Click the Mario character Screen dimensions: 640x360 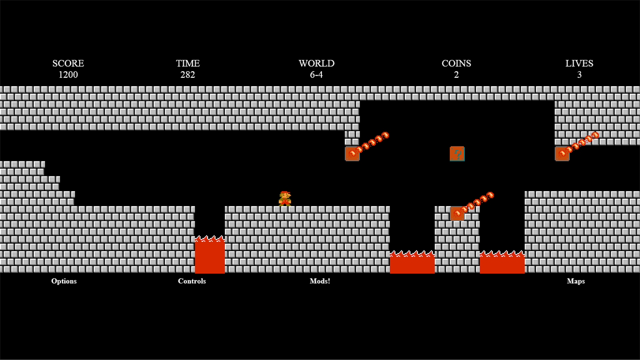coord(285,199)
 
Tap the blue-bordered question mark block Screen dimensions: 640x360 coord(457,154)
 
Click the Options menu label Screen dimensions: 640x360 coord(64,281)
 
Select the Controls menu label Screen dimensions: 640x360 coord(192,281)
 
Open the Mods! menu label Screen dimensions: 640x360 coord(320,281)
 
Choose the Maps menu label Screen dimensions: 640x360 coord(576,281)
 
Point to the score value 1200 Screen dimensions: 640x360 coord(68,75)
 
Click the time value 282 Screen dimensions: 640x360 coord(188,75)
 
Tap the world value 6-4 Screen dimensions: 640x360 coord(316,75)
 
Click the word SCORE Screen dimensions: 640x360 coord(68,64)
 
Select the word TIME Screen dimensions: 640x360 coord(188,64)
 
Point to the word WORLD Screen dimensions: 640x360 coord(316,64)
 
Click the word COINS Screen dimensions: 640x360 coord(456,64)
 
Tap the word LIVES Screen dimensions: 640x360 coord(580,64)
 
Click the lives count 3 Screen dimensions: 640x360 coord(580,75)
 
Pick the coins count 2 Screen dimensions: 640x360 coord(456,75)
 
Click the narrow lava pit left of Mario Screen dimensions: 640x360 coord(210,255)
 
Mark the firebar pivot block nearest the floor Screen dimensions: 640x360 coord(457,213)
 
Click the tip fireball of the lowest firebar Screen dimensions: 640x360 coord(490,195)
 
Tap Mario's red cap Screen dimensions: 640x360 coord(285,193)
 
